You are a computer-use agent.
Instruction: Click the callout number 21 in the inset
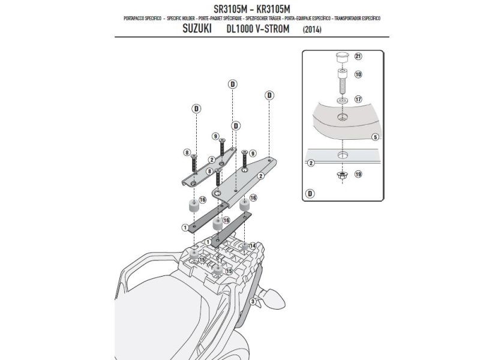(359, 57)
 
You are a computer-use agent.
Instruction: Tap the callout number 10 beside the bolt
(359, 76)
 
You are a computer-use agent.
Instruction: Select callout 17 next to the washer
(359, 100)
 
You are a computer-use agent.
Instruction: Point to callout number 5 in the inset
(374, 137)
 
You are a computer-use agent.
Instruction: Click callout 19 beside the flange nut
(359, 175)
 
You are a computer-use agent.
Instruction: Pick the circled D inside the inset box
(310, 194)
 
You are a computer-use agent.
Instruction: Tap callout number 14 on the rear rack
(252, 246)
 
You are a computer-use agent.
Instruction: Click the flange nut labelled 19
(341, 175)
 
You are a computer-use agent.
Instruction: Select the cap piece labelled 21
(341, 58)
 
